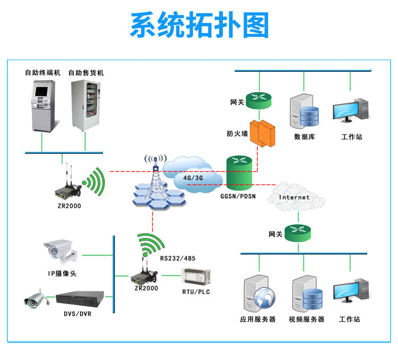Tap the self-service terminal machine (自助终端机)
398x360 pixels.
click(x=42, y=106)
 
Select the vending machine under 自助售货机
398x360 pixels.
click(x=85, y=106)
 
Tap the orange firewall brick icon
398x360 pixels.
click(x=263, y=133)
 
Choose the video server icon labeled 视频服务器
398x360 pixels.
click(x=307, y=295)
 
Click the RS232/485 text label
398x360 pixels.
click(x=177, y=258)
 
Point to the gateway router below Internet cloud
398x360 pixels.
click(x=297, y=233)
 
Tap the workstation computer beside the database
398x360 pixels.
click(x=351, y=112)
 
